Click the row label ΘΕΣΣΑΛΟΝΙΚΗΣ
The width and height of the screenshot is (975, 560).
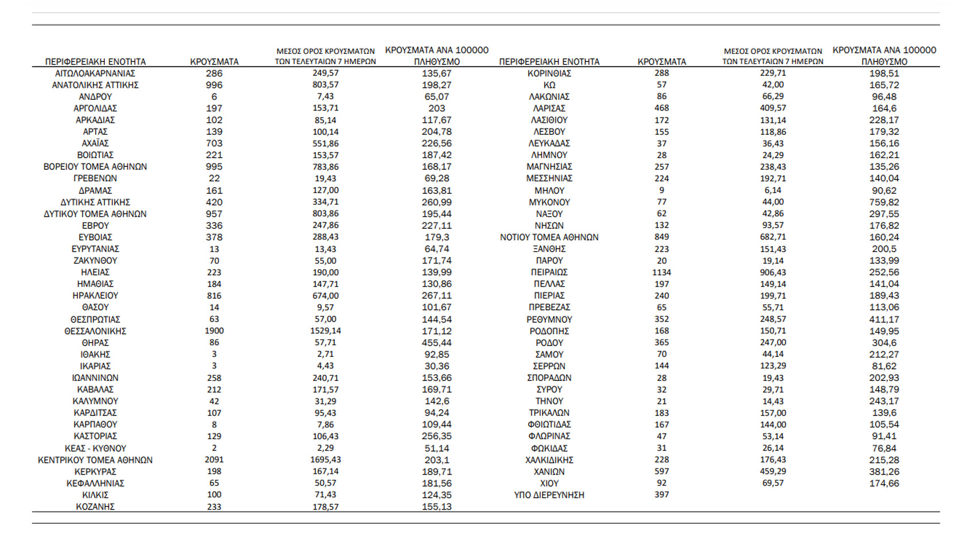coord(95,331)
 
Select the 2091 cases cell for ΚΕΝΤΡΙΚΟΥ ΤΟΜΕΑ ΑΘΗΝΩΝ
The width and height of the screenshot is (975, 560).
coord(214,460)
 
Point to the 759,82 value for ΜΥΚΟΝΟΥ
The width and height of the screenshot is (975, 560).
coord(884,202)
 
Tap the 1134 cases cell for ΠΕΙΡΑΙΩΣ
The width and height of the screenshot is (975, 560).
coord(661,272)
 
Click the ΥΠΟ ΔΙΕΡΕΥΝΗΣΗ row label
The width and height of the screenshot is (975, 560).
coord(549,495)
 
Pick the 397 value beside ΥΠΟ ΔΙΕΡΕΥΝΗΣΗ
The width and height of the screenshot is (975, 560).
coord(661,495)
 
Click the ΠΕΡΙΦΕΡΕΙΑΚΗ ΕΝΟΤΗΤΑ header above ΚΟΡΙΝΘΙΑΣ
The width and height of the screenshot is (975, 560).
coord(549,61)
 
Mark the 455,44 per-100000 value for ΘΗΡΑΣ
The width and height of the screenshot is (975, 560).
coord(436,343)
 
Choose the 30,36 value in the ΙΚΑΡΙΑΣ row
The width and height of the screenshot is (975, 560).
coord(436,366)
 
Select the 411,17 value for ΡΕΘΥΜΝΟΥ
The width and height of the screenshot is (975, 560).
coord(884,319)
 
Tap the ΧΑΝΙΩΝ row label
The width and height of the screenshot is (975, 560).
coord(549,472)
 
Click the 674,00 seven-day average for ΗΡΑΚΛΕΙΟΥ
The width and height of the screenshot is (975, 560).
coord(325,295)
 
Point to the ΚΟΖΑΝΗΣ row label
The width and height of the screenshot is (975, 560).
coord(95,507)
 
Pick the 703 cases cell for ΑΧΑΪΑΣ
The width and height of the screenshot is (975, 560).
coord(214,143)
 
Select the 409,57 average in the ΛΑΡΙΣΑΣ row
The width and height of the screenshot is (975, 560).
coord(773,108)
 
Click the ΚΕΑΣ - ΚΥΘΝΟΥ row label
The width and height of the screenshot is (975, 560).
coord(95,448)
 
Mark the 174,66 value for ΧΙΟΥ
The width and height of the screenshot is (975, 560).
coord(884,483)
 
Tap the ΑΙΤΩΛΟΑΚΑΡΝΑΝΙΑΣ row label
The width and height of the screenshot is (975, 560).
coord(95,73)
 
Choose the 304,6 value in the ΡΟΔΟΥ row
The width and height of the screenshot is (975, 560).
coord(884,343)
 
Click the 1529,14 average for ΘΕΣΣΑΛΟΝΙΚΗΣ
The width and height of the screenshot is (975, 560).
coord(325,331)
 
